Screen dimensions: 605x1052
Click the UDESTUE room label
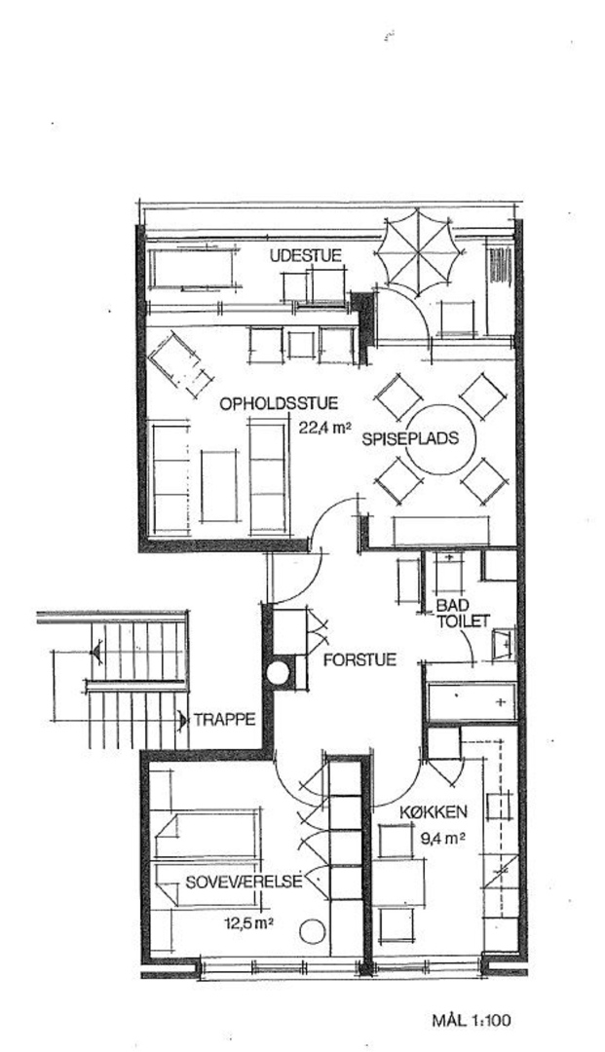click(x=306, y=255)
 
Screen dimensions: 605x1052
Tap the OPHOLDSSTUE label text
click(x=279, y=404)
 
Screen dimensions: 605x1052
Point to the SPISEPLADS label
click(x=410, y=438)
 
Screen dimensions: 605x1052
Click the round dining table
click(x=442, y=439)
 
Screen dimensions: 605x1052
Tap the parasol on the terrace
click(x=419, y=251)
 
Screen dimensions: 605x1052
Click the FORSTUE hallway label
click(x=359, y=660)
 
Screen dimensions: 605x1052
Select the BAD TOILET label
click(x=463, y=613)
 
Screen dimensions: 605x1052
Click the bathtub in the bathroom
click(x=472, y=701)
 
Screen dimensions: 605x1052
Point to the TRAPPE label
click(x=225, y=721)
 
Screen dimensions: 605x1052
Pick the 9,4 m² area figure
click(x=442, y=838)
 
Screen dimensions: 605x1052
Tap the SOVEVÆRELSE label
click(x=244, y=882)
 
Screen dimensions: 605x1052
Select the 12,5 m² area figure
click(x=248, y=923)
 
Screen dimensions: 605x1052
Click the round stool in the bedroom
click(x=312, y=930)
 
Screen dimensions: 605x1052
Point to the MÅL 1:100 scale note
click(x=472, y=1022)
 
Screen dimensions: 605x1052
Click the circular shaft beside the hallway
click(x=278, y=673)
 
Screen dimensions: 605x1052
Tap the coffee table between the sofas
click(x=219, y=486)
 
